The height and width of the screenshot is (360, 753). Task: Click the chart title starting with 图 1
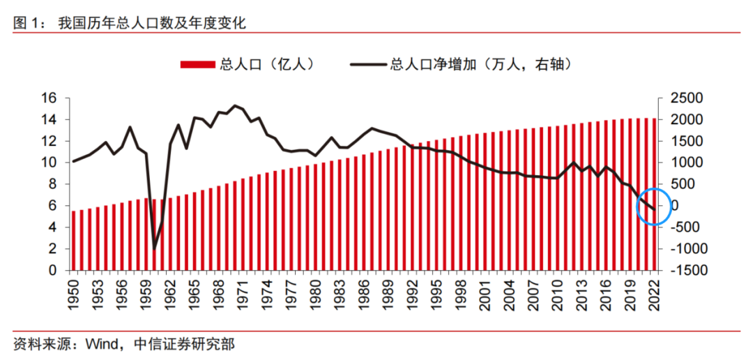click(130, 23)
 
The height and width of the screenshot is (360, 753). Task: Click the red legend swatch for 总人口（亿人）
click(198, 65)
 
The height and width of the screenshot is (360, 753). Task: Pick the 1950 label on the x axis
click(73, 296)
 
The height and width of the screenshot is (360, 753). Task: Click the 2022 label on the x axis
click(653, 296)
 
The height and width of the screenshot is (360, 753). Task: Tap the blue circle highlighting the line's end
click(654, 206)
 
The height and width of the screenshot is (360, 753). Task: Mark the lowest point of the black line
click(154, 248)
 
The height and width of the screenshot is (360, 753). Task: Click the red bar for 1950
click(73, 240)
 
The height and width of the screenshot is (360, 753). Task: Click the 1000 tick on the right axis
click(686, 163)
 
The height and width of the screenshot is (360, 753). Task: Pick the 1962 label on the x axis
click(170, 296)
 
